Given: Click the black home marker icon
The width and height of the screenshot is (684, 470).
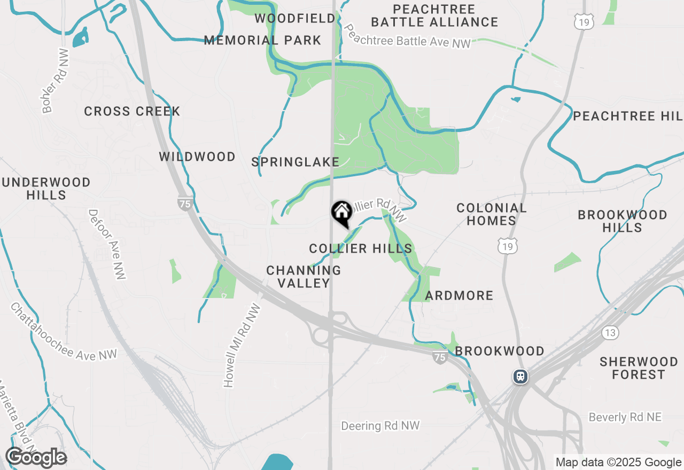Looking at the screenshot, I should [x=342, y=214].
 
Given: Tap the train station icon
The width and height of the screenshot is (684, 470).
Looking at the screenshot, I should [x=520, y=376].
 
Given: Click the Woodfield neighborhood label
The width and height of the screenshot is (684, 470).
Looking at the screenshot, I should [x=295, y=19].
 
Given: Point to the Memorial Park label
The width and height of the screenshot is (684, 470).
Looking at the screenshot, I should [x=263, y=40].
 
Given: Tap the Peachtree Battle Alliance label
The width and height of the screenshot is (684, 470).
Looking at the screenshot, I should [x=434, y=15].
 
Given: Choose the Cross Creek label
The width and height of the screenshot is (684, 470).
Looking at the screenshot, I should [x=132, y=111].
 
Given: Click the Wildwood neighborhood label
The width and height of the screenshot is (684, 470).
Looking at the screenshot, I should [x=197, y=156].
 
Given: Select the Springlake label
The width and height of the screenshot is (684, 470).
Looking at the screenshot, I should [x=296, y=162].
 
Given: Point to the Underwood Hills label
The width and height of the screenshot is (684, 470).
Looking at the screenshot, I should [x=46, y=189].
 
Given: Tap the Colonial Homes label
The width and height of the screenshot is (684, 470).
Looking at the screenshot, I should [x=492, y=214].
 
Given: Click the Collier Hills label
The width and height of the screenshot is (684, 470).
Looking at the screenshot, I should [x=361, y=248].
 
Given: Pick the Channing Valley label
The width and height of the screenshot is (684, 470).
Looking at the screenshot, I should [x=304, y=277].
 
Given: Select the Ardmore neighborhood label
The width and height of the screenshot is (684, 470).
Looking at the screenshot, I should [x=459, y=295].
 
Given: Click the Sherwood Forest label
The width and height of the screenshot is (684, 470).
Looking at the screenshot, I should [x=639, y=368].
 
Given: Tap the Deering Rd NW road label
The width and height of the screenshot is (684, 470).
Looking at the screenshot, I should [x=380, y=426].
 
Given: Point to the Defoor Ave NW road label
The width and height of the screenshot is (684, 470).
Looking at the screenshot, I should [x=107, y=244].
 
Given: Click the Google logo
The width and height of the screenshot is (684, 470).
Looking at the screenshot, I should [x=36, y=458].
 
